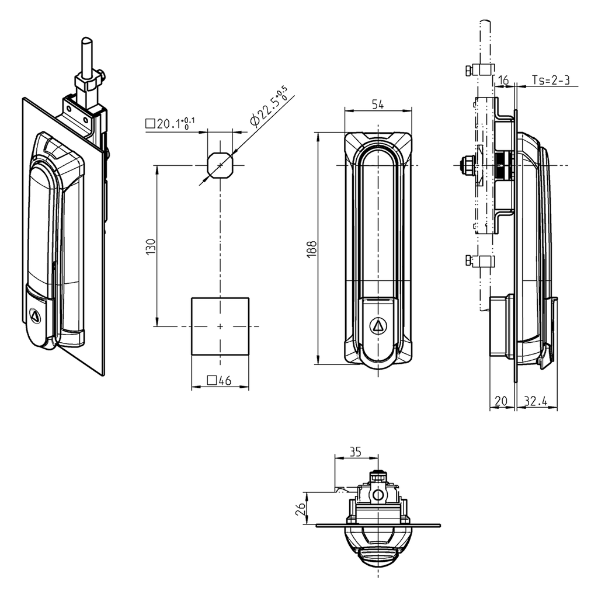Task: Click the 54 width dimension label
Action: pyautogui.click(x=378, y=105)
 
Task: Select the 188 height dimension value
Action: pyautogui.click(x=312, y=249)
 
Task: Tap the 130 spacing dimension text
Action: pyautogui.click(x=151, y=246)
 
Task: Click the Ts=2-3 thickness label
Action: pyautogui.click(x=551, y=81)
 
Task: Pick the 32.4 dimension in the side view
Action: pyautogui.click(x=536, y=402)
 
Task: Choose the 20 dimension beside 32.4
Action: pyautogui.click(x=501, y=402)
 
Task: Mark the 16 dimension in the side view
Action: pyautogui.click(x=503, y=81)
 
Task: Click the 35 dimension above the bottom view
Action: pyautogui.click(x=355, y=451)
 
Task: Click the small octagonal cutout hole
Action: pyautogui.click(x=220, y=166)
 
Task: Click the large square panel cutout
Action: pyautogui.click(x=220, y=326)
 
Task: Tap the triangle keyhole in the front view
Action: pyautogui.click(x=378, y=325)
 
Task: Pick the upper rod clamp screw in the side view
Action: pyautogui.click(x=469, y=71)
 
